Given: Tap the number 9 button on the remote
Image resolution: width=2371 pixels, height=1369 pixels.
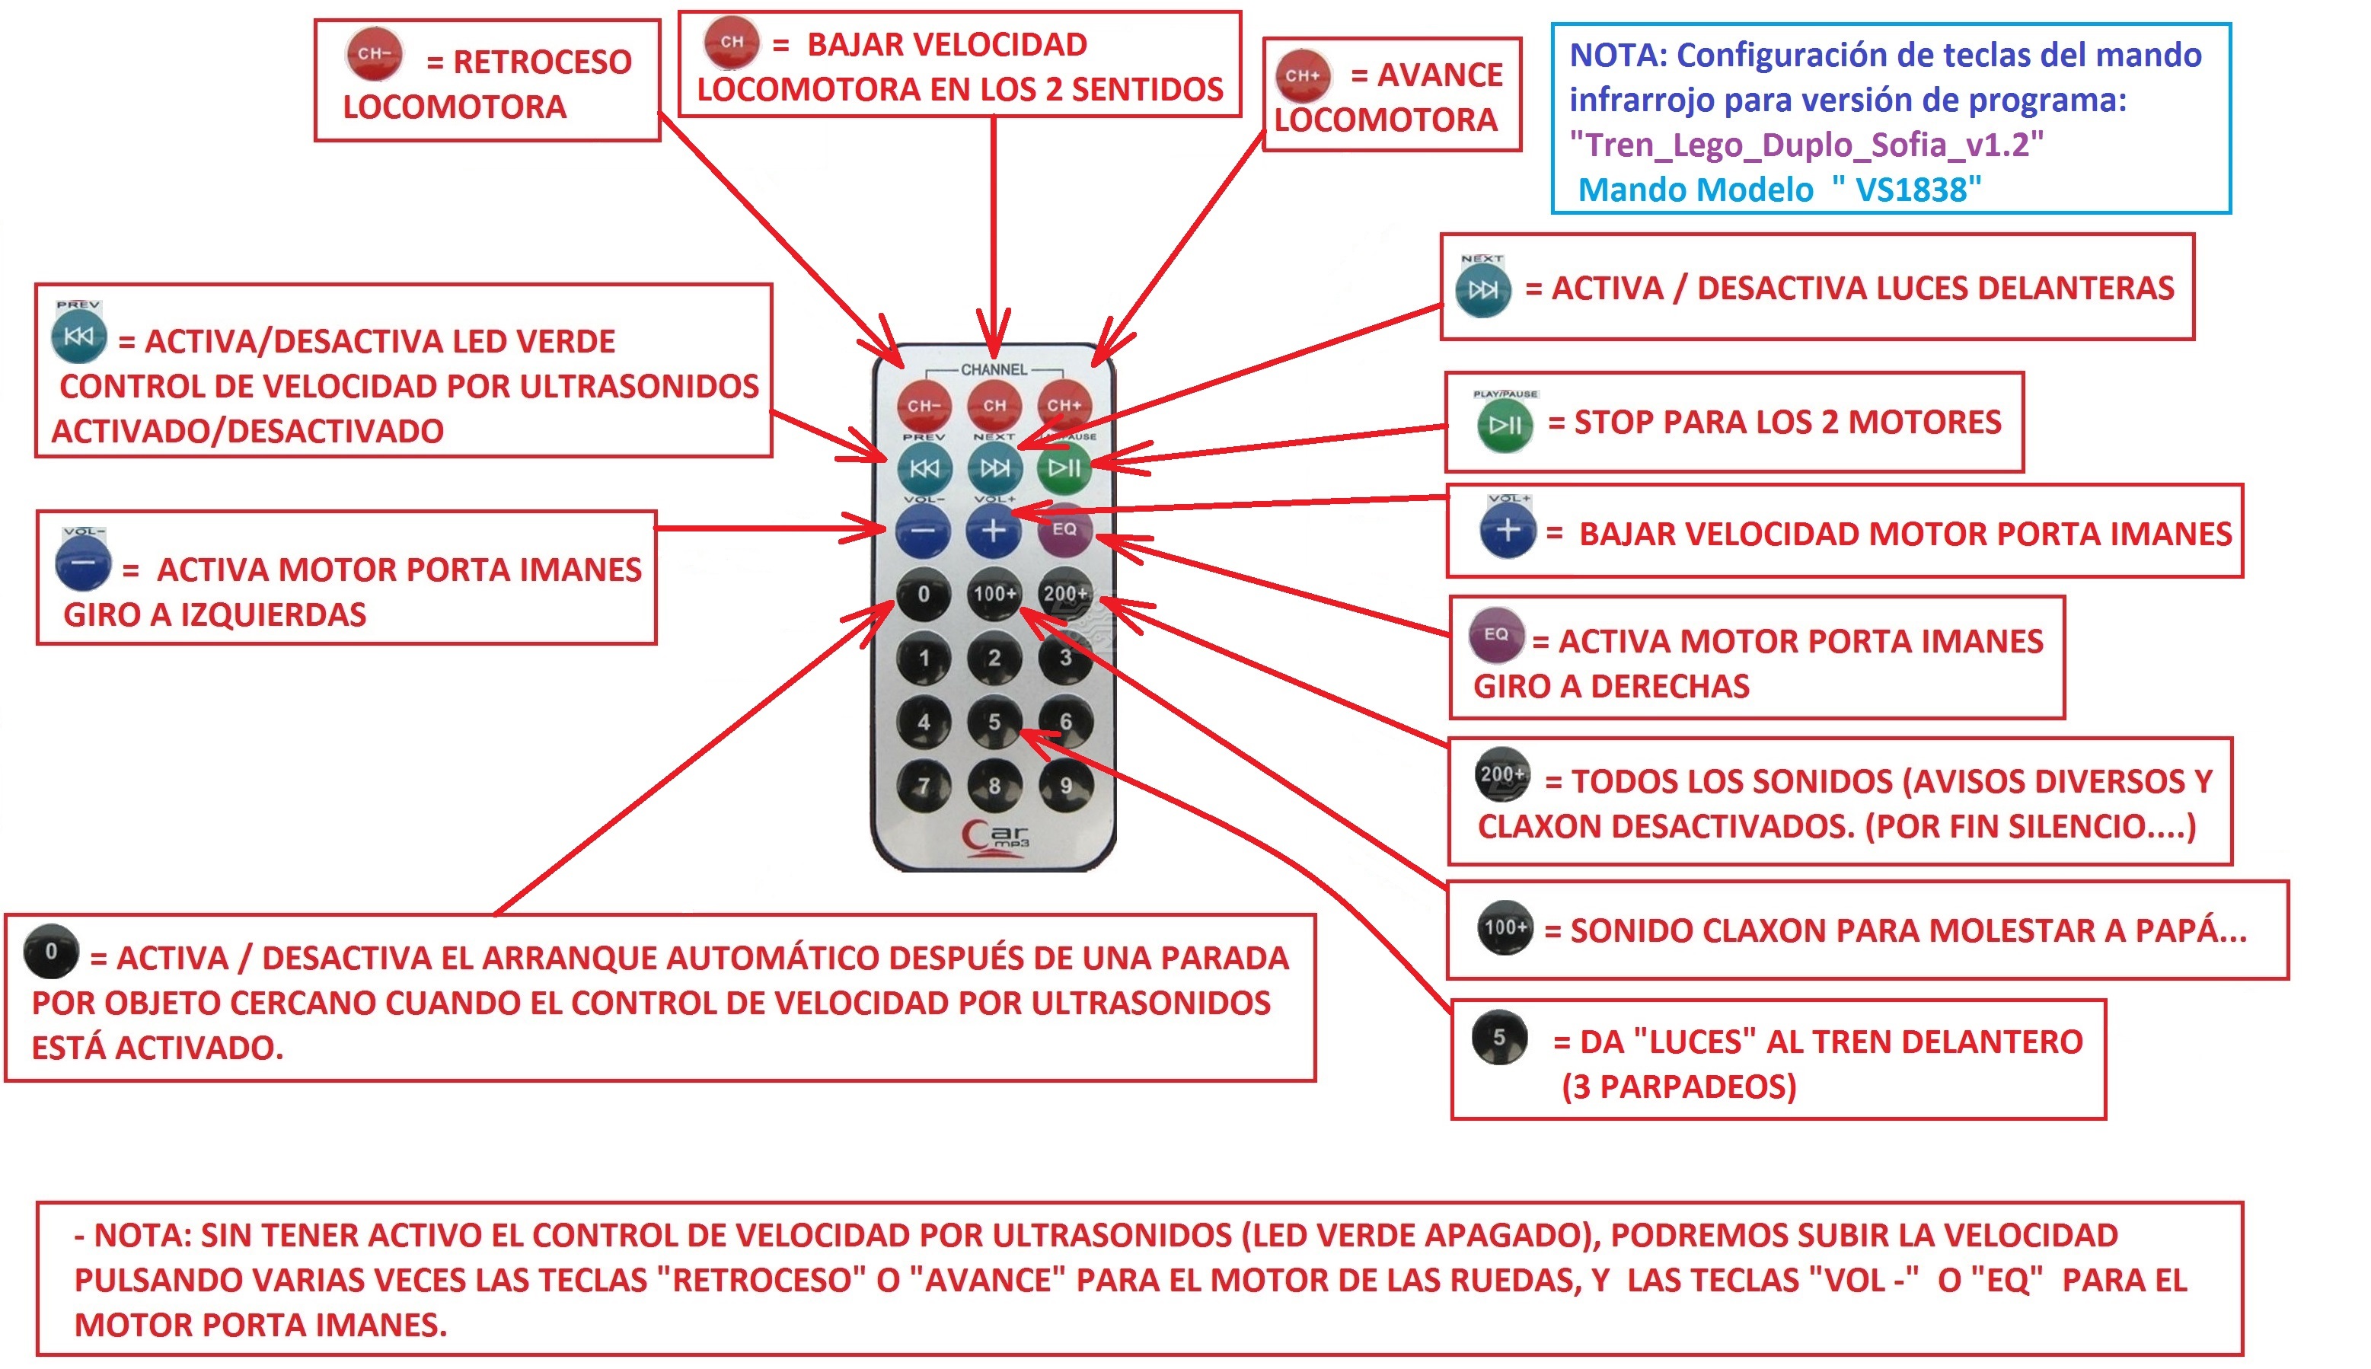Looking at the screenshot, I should pyautogui.click(x=1065, y=785).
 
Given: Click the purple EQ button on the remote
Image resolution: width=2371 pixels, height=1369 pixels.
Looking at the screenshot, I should pyautogui.click(x=1064, y=529).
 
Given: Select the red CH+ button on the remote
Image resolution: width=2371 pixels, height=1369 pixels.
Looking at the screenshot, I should pyautogui.click(x=1064, y=405).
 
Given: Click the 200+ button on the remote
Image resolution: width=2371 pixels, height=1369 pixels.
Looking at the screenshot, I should pyautogui.click(x=1065, y=593).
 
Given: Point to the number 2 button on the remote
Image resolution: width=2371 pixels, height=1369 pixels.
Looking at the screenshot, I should pyautogui.click(x=994, y=657).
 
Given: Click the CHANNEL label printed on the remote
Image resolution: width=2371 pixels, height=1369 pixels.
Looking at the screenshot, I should pyautogui.click(x=994, y=369).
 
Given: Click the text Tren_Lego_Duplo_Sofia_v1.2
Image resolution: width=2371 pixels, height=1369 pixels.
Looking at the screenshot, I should pyautogui.click(x=1806, y=145).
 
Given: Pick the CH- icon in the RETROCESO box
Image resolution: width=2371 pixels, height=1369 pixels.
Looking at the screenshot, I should pyautogui.click(x=374, y=55).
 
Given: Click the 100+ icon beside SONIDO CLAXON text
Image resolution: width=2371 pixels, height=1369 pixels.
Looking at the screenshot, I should pyautogui.click(x=1505, y=928).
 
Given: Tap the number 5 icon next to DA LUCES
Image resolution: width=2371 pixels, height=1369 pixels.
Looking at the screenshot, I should pyautogui.click(x=1499, y=1037).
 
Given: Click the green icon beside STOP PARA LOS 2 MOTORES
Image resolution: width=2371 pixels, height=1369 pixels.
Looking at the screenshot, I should pyautogui.click(x=1505, y=426).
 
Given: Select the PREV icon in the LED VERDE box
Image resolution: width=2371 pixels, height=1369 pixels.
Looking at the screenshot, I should pyautogui.click(x=79, y=336).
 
